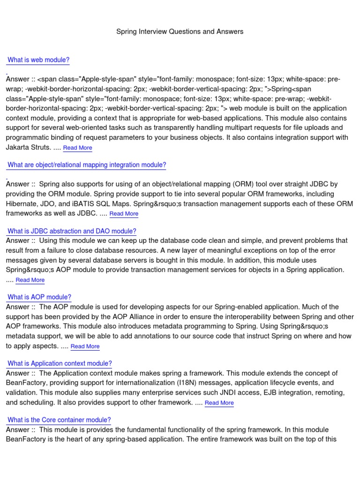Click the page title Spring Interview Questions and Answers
(x=180, y=31)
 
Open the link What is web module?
(x=38, y=60)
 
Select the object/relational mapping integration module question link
(x=87, y=165)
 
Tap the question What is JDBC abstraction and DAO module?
(x=72, y=231)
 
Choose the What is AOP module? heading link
(x=39, y=297)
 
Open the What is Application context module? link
(x=60, y=364)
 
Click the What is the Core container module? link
(x=59, y=420)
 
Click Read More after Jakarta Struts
(x=77, y=148)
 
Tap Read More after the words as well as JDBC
(x=124, y=214)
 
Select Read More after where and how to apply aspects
(x=85, y=346)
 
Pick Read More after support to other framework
(x=219, y=403)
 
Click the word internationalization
(x=146, y=383)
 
